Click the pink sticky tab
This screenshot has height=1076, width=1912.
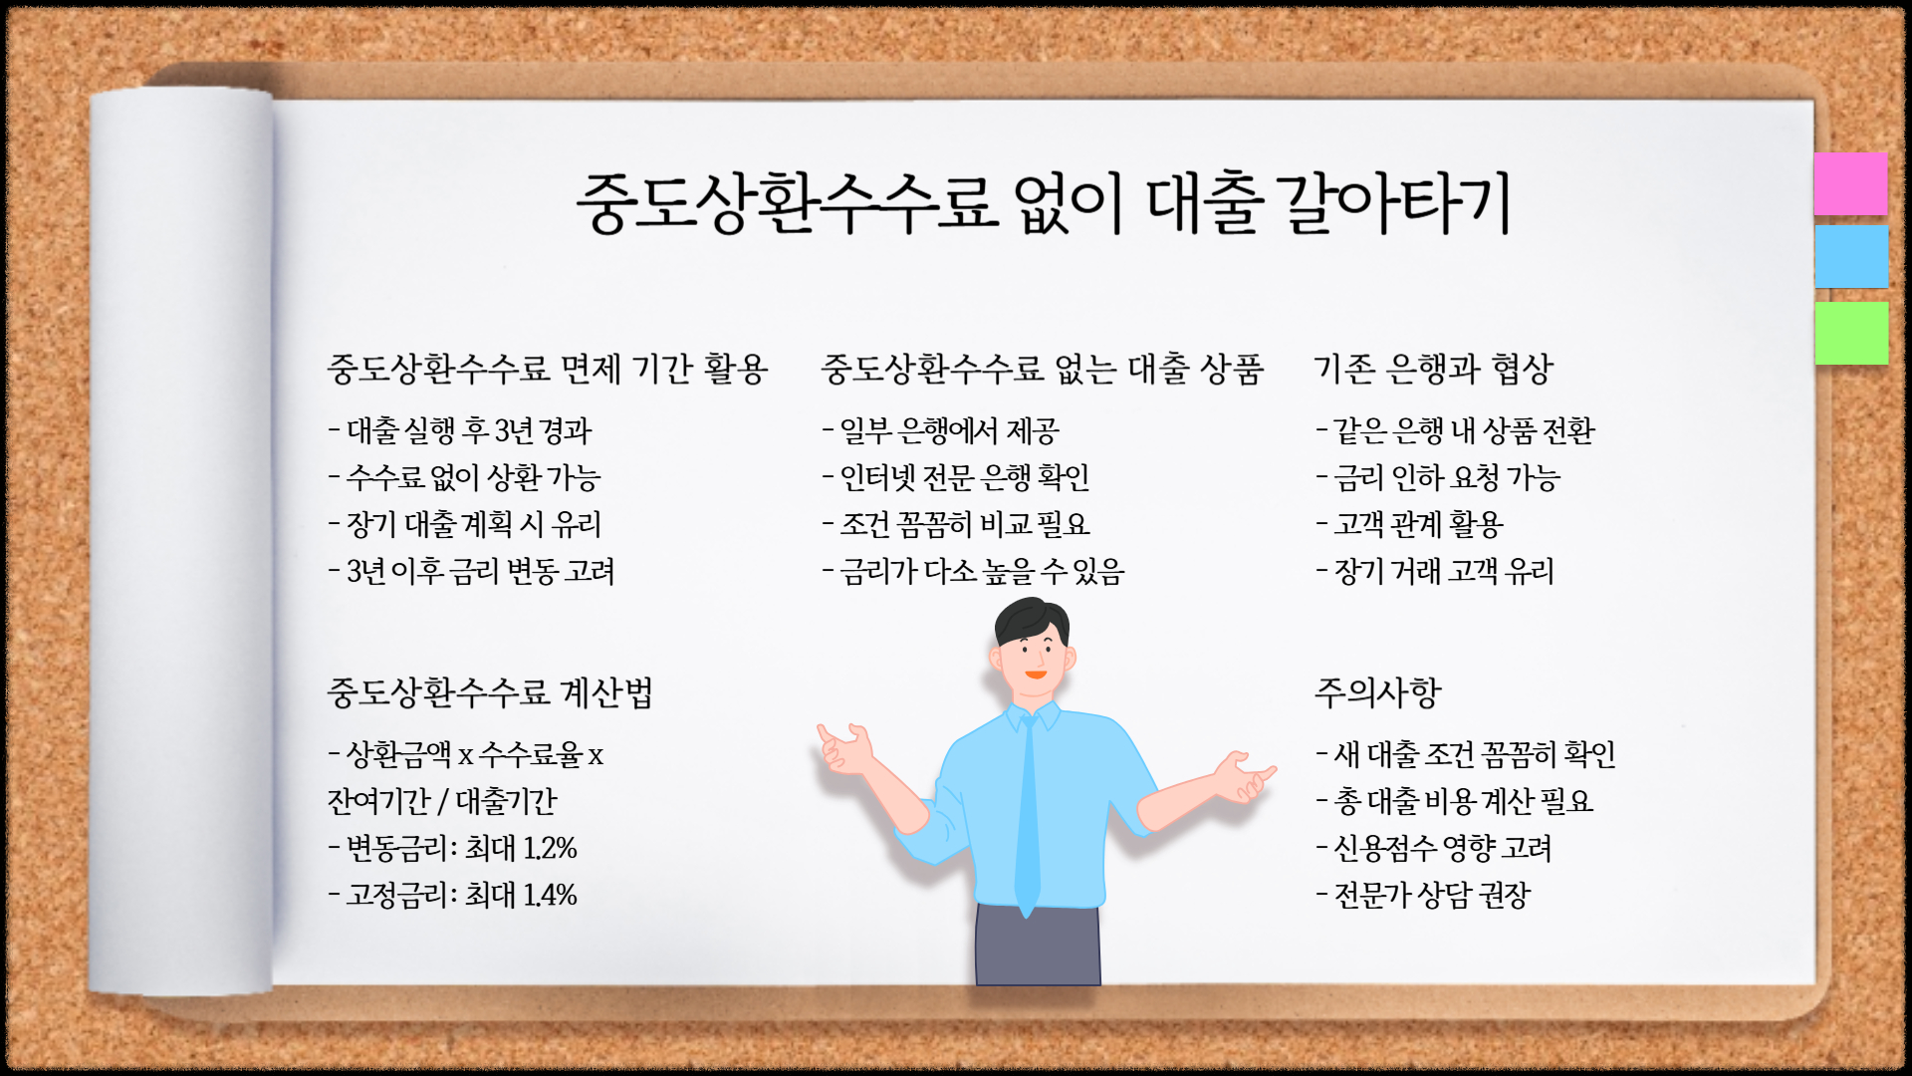point(1850,183)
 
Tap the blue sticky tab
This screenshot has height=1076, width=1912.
point(1850,256)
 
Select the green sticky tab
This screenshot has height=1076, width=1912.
point(1850,333)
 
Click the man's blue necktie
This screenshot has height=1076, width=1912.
point(1028,817)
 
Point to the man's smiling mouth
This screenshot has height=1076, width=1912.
point(1036,675)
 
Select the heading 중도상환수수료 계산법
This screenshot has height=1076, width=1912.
point(490,692)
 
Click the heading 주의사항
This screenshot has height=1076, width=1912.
point(1377,692)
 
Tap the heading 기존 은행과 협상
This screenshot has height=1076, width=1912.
point(1434,369)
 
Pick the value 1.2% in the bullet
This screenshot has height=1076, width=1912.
point(551,848)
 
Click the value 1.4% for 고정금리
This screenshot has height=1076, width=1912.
point(551,895)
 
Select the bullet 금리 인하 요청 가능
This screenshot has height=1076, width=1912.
point(1446,478)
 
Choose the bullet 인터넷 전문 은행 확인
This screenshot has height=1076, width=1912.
point(964,478)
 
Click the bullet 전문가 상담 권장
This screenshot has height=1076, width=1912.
point(1431,895)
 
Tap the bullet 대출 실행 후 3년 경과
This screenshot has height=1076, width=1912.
point(468,430)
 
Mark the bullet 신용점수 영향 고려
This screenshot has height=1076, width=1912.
point(1442,848)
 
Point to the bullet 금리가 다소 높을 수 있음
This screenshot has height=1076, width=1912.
point(982,572)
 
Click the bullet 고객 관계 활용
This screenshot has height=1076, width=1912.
point(1418,524)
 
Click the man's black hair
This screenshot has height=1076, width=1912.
point(1030,618)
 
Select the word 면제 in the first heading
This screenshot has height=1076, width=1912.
point(591,369)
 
